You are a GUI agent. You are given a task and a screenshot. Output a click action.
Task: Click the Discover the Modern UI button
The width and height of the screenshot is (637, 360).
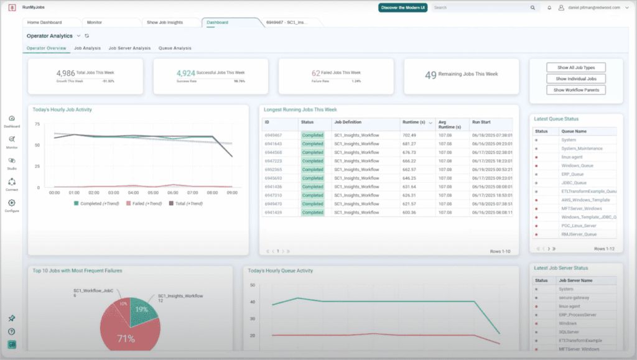pos(402,8)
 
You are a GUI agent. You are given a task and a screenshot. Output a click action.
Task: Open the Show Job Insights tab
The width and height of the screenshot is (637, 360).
pos(165,22)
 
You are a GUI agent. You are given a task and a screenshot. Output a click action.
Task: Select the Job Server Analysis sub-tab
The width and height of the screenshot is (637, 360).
pos(129,48)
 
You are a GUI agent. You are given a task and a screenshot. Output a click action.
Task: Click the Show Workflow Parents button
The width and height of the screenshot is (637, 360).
pos(576,90)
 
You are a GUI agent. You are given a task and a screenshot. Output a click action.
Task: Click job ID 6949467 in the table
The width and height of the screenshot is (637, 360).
pos(273,135)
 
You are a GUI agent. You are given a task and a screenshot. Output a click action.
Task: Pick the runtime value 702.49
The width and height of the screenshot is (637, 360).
pos(409,135)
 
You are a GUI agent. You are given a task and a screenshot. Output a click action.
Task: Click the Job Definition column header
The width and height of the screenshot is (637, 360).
pos(348,122)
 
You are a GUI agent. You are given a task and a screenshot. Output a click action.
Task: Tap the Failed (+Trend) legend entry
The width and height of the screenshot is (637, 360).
pos(147,203)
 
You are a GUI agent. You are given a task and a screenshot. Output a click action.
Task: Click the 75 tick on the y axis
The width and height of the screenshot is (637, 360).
pos(37,124)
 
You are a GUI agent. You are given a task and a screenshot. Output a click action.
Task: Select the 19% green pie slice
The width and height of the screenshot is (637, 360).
pos(142,310)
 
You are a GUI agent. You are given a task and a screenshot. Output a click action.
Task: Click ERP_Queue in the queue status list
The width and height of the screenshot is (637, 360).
pos(572,175)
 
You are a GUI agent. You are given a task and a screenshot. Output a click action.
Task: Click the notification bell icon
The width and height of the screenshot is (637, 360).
pos(549,8)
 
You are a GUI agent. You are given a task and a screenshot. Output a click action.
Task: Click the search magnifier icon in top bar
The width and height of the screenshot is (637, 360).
pos(532,8)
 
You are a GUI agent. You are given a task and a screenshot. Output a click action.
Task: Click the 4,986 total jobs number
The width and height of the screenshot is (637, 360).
pos(65,73)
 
